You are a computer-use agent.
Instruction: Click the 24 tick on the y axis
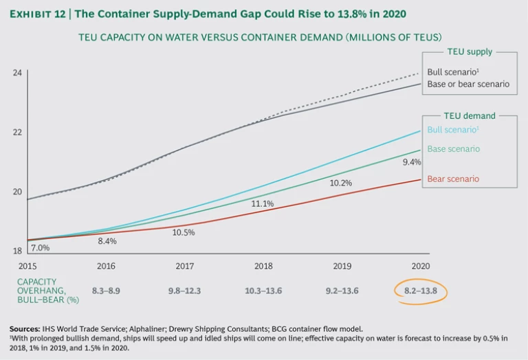(x=19, y=72)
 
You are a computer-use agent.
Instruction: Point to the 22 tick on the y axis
(x=19, y=132)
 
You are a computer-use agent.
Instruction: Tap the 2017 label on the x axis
(x=185, y=265)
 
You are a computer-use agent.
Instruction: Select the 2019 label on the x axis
(x=342, y=265)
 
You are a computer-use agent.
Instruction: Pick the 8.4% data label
(x=107, y=241)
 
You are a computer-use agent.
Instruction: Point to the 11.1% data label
(x=263, y=203)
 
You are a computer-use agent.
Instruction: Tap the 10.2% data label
(x=341, y=183)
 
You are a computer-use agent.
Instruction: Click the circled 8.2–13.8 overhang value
(x=420, y=291)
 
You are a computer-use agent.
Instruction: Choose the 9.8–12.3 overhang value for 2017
(x=185, y=291)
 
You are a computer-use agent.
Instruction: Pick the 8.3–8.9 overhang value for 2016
(x=107, y=291)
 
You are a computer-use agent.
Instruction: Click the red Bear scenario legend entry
(x=453, y=179)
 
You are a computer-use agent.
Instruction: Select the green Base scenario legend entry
(x=453, y=148)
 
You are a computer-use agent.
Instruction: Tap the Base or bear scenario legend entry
(x=468, y=84)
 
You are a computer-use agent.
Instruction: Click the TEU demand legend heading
(x=469, y=116)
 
